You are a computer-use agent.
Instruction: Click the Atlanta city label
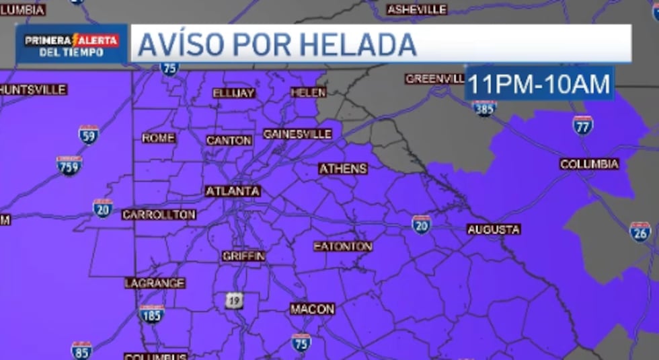point(233,191)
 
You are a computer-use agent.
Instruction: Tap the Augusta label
point(494,229)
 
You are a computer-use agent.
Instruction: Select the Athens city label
point(343,169)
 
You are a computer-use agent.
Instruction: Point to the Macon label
point(312,309)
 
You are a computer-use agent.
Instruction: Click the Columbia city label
point(589,164)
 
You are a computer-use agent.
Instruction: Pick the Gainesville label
point(297,134)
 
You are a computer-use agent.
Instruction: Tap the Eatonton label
point(342,246)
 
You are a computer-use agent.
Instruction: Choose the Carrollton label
point(159,215)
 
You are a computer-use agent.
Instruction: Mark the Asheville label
point(417,9)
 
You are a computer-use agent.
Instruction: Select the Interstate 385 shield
point(484,108)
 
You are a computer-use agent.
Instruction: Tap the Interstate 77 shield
point(582,125)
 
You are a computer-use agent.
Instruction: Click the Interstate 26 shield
point(639,231)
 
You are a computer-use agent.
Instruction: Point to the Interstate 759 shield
point(69,166)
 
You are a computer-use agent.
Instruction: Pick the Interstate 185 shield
point(151,314)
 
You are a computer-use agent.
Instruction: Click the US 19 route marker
point(233,301)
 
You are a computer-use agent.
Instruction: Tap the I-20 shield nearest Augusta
point(421,224)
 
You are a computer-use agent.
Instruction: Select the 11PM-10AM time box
point(539,84)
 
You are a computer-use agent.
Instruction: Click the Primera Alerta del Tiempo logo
point(71,44)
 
